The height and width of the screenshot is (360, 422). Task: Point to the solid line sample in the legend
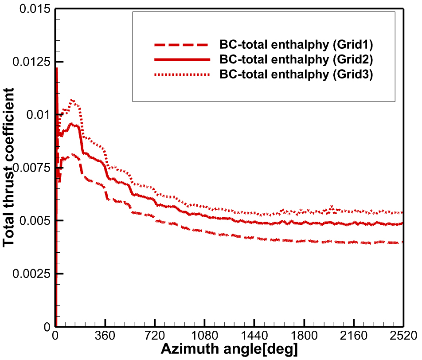point(181,59)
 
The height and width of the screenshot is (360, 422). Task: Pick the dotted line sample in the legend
point(181,74)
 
